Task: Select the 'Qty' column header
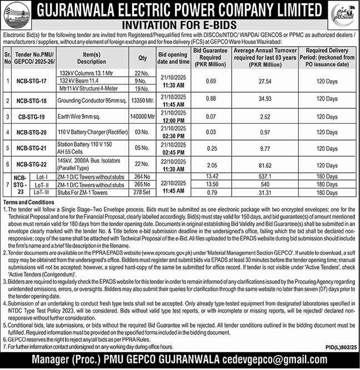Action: tap(142, 58)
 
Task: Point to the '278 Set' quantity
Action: tap(142, 192)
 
